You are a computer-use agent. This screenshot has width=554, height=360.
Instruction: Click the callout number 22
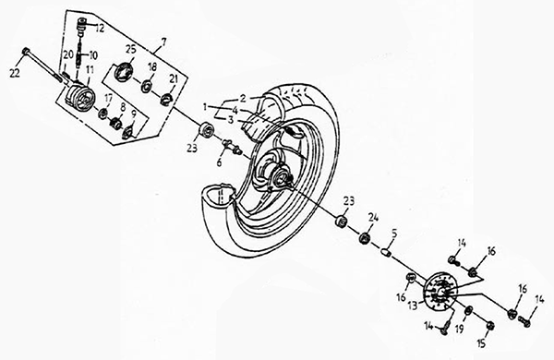15,73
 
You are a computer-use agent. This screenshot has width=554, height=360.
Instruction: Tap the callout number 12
100,28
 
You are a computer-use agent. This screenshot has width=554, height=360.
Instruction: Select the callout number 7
163,42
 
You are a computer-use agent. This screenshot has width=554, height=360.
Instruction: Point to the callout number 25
131,49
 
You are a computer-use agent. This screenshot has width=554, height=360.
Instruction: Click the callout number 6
219,162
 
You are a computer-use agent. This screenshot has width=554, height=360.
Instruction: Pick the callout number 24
373,217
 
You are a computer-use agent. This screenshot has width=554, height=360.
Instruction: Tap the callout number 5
394,234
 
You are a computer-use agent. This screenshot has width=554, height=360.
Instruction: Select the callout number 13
413,306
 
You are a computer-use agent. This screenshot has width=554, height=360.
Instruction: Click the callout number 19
459,330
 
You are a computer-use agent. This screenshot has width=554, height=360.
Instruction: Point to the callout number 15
482,342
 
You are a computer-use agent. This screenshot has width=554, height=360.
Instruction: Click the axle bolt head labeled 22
27,51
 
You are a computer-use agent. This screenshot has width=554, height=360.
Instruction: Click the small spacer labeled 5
386,253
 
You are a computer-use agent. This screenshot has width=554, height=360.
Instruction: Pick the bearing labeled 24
365,238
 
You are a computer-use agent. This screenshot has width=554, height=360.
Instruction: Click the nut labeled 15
489,326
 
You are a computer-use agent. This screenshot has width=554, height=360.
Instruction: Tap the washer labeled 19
468,310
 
